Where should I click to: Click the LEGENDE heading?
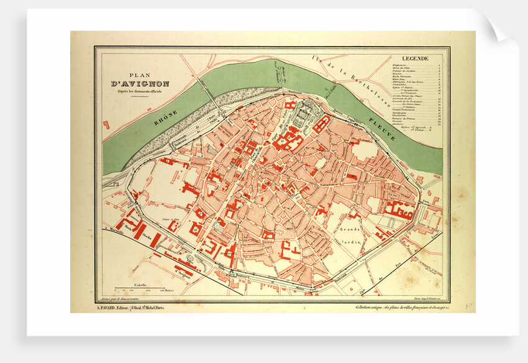coord(414,59)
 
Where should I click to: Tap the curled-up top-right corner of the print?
coord(497,28)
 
